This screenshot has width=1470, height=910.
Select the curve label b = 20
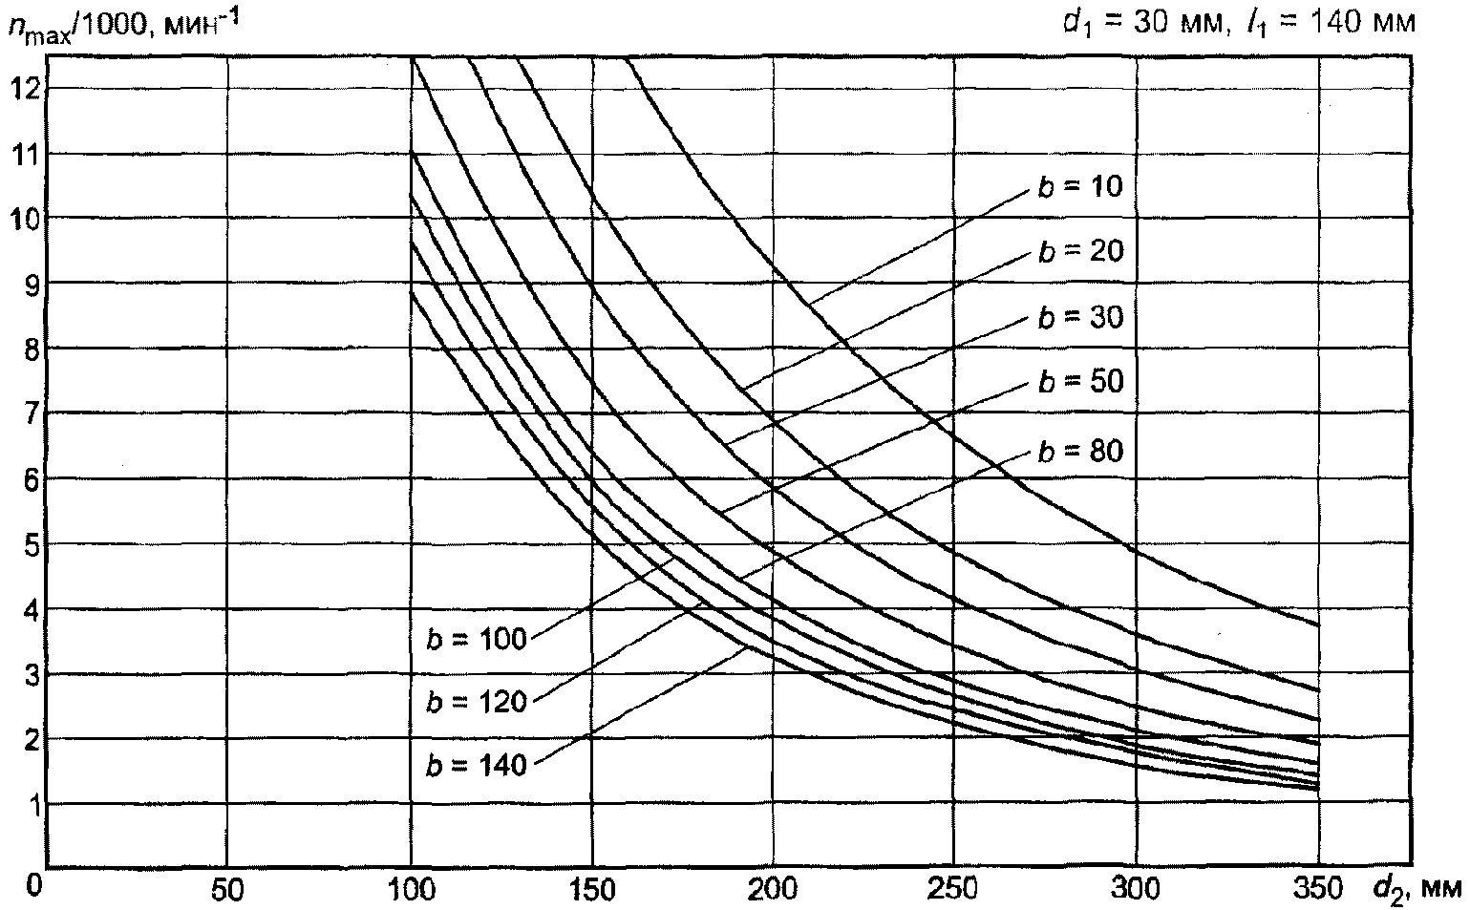click(1079, 251)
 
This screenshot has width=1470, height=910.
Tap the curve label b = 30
click(1079, 316)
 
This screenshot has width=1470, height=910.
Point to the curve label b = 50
click(1079, 382)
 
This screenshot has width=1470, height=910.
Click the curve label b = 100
click(477, 638)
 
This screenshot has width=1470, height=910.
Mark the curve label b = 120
click(477, 702)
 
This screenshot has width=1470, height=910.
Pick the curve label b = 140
click(477, 765)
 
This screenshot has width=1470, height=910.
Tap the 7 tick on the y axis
click(29, 413)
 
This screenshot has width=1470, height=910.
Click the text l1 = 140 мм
click(1331, 20)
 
